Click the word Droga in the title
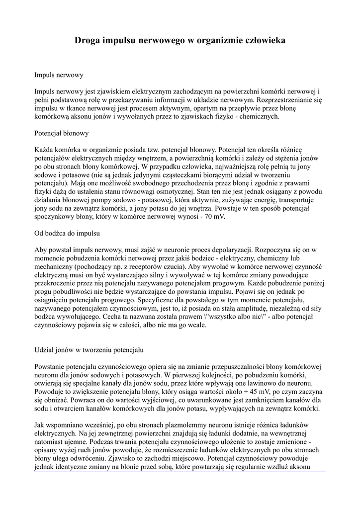tap(88, 39)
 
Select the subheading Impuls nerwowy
tap(58, 75)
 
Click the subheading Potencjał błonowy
tap(62, 133)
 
